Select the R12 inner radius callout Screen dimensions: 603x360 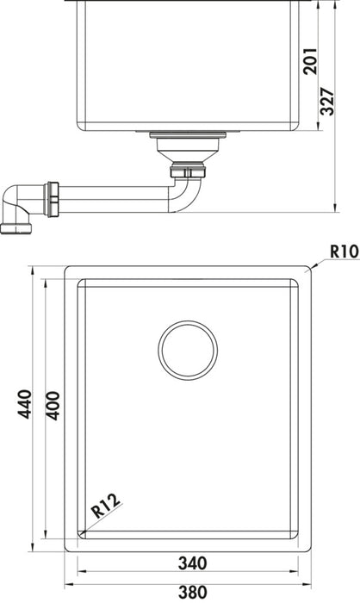(106, 503)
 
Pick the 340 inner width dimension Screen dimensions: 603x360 (191, 563)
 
